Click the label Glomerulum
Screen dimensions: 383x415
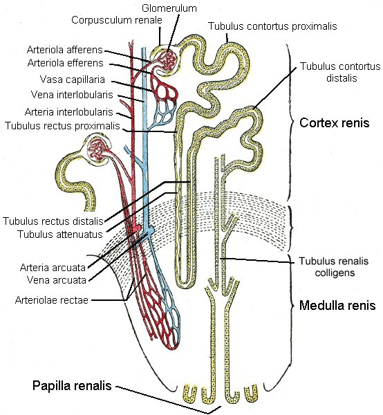coord(169,8)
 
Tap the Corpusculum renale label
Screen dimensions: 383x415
coord(117,20)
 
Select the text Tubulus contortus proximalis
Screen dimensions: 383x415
coord(272,26)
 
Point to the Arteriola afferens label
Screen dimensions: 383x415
coord(64,50)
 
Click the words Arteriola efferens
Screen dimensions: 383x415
coord(66,63)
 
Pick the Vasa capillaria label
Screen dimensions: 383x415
coord(73,80)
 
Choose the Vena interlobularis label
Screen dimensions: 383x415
coord(72,95)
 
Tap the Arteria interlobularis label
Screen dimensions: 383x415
coord(68,112)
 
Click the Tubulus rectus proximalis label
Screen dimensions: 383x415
coord(62,126)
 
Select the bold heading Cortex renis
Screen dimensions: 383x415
coord(335,123)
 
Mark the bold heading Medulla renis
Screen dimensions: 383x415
coord(337,306)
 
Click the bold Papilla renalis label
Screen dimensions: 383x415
coord(72,386)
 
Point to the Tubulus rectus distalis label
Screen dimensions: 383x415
coord(53,221)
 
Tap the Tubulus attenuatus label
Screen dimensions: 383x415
coord(60,234)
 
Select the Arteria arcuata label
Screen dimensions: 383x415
coord(53,268)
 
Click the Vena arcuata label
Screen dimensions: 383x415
coord(57,280)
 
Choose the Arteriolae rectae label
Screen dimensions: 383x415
coord(52,300)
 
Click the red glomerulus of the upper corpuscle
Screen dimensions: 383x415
coord(167,62)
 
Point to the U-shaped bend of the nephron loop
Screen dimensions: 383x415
coord(187,286)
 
